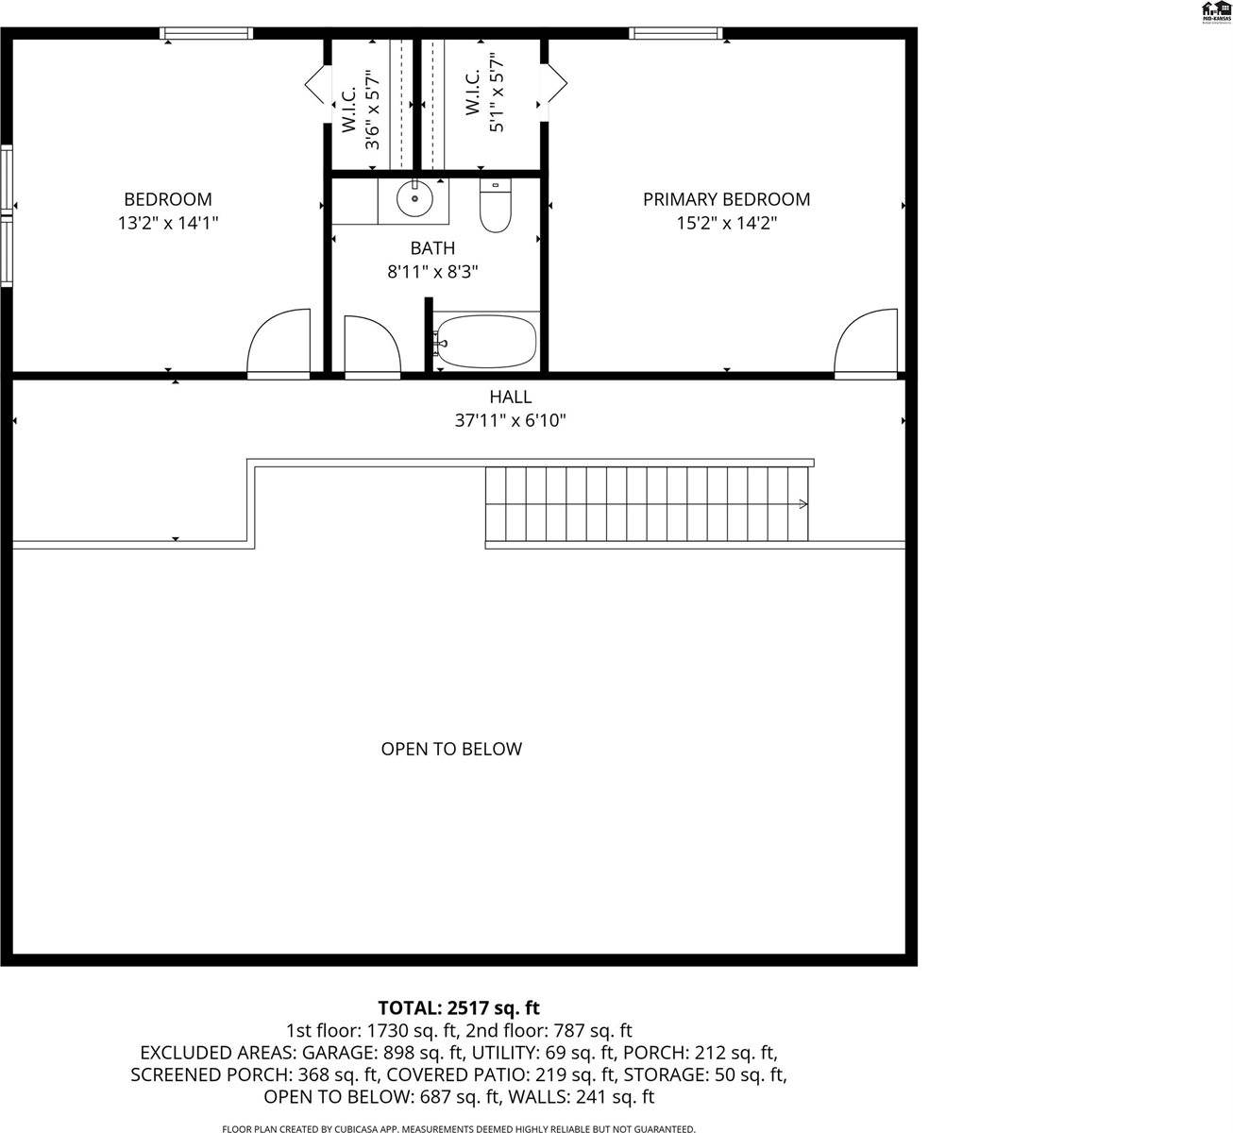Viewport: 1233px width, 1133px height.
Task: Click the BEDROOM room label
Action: click(x=168, y=199)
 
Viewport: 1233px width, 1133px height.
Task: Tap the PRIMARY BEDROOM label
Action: click(x=726, y=199)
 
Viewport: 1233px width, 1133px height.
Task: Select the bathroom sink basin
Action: click(x=414, y=199)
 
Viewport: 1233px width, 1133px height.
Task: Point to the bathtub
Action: click(x=486, y=342)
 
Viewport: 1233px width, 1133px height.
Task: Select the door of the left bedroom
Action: click(x=279, y=345)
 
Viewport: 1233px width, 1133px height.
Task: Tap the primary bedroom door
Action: click(x=865, y=345)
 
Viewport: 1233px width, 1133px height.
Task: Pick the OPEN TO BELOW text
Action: click(x=450, y=749)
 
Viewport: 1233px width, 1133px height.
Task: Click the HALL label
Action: click(x=510, y=397)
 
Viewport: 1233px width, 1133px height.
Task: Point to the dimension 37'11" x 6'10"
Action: click(x=510, y=421)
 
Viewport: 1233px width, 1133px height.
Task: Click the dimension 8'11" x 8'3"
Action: click(x=432, y=272)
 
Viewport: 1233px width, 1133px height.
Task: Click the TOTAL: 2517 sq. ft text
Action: click(x=459, y=1007)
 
